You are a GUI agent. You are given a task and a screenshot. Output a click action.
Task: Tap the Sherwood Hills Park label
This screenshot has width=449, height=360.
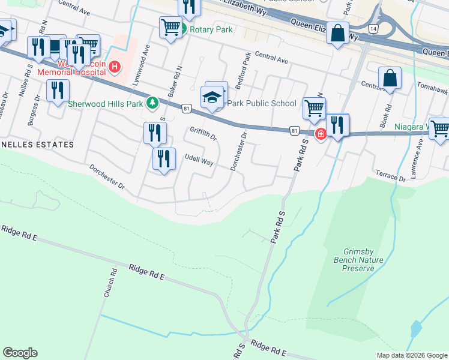(105, 103)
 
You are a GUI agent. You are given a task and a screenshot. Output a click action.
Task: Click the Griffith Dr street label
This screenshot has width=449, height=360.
(203, 132)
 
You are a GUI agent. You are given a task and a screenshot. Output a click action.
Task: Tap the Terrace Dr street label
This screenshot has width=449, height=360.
(390, 175)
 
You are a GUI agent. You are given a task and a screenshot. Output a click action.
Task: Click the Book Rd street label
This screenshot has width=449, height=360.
(385, 115)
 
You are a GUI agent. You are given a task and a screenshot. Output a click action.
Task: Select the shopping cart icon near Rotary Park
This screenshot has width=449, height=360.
(170, 27)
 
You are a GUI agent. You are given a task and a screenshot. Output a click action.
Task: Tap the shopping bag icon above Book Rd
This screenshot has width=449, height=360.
(390, 79)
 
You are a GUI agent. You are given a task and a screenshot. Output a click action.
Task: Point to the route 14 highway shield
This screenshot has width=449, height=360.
(373, 29)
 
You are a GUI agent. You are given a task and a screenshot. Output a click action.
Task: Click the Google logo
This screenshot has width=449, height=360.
(20, 353)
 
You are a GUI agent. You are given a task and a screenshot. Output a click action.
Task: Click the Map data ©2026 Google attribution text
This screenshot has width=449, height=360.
(411, 355)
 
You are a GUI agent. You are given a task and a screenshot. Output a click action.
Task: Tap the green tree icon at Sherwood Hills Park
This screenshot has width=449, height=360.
(152, 103)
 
